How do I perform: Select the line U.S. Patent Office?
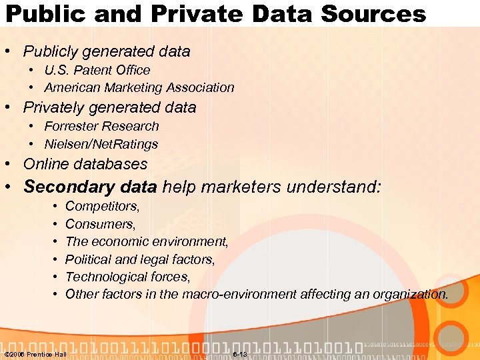97,70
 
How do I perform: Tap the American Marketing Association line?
139,87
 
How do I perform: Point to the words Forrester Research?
101,126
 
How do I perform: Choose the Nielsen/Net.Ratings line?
101,144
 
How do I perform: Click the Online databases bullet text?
85,164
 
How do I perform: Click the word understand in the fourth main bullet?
333,187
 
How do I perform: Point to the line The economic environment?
147,241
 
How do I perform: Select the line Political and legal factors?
140,259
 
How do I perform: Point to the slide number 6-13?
240,354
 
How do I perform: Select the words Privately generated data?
109,107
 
